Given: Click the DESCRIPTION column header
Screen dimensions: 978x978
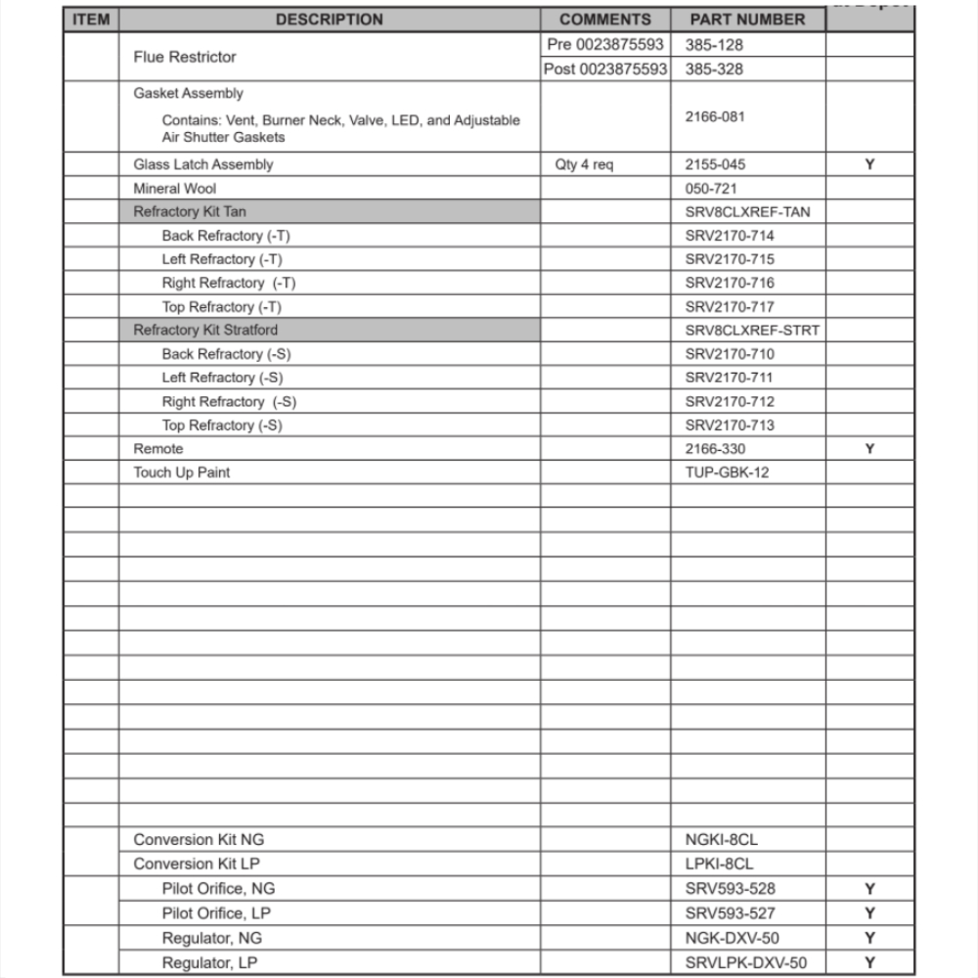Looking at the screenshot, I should (329, 20).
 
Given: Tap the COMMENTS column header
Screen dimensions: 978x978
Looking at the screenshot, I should (605, 20).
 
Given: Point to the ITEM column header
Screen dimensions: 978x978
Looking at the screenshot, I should (91, 20).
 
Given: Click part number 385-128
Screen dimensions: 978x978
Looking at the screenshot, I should (714, 45).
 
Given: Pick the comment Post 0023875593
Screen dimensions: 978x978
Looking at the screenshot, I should (606, 69).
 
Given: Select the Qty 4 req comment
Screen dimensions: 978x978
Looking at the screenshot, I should (584, 164).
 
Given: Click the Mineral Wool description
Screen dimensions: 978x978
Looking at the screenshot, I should (175, 188).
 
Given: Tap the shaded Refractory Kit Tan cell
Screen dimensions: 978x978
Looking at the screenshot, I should (329, 211).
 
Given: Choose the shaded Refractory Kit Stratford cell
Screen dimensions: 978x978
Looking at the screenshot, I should (329, 330).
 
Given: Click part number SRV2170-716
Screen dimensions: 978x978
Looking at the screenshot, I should (730, 283).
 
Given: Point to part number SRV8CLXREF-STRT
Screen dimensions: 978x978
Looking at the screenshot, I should (752, 330).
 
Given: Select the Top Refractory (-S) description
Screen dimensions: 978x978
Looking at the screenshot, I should (222, 425).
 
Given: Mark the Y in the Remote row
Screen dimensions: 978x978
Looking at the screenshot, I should (869, 449).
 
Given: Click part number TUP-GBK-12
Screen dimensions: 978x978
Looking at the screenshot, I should (727, 472).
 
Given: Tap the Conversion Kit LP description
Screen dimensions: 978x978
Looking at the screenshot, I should (197, 864).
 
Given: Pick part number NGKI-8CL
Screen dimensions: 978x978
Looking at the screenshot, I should (722, 839).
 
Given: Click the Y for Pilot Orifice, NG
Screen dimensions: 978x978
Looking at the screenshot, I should (869, 889).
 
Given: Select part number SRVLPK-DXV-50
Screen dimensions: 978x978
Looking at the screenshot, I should (746, 963).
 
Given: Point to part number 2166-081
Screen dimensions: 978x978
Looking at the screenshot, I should (715, 116).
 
